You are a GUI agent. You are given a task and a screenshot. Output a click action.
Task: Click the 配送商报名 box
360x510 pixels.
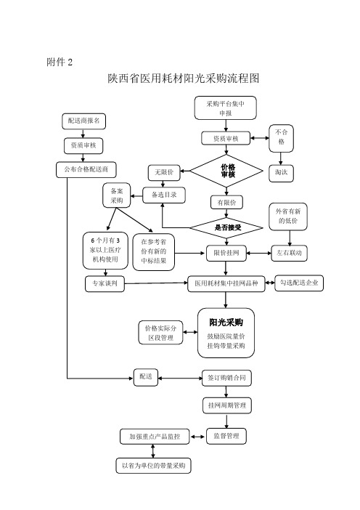click(83, 121)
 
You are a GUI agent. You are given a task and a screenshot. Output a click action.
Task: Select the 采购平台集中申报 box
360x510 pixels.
click(226, 108)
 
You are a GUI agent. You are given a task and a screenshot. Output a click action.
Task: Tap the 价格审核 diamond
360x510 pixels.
click(226, 171)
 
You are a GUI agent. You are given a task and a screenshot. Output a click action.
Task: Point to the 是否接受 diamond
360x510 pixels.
click(226, 227)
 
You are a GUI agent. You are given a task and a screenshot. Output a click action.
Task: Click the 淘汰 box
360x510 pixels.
click(281, 173)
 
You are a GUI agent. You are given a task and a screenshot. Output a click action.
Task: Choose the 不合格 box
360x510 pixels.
click(281, 138)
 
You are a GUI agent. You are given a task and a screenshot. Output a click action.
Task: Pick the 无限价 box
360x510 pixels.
click(164, 172)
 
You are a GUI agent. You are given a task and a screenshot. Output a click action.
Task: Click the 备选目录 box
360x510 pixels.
click(164, 195)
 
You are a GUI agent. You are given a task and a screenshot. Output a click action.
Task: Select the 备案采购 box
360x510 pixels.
click(117, 195)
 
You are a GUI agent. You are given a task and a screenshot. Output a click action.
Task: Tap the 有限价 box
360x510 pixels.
click(226, 203)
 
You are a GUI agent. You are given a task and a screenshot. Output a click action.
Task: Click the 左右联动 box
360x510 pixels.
click(289, 254)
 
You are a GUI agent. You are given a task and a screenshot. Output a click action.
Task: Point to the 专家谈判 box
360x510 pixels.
click(105, 284)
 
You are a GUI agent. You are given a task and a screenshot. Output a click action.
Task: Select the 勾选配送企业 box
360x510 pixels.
click(299, 283)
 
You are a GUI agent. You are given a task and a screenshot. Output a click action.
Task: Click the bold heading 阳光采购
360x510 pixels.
click(226, 323)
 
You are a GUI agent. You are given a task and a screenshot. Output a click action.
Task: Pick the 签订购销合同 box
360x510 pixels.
click(226, 378)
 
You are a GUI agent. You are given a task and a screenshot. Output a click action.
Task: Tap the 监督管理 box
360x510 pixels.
click(226, 436)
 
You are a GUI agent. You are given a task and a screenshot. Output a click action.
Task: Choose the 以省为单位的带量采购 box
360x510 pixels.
click(153, 466)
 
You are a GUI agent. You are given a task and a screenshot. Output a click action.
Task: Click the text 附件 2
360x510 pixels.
click(60, 62)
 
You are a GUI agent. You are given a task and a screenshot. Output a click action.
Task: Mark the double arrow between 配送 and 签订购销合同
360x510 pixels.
click(180, 379)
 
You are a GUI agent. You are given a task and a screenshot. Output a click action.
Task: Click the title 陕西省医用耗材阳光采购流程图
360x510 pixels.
click(184, 78)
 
